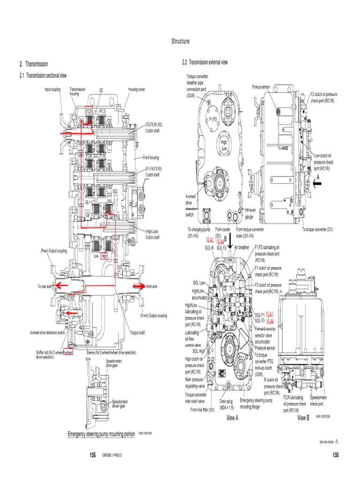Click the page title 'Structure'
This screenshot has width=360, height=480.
(x=180, y=41)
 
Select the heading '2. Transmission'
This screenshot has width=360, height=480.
(x=34, y=64)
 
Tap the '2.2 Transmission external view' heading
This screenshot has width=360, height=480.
(x=204, y=62)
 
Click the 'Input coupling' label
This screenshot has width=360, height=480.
(x=52, y=89)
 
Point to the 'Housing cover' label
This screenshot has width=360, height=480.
(x=136, y=89)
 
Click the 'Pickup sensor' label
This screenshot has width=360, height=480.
(x=261, y=87)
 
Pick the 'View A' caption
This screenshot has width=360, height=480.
(x=232, y=418)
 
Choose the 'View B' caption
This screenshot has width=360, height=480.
(x=303, y=418)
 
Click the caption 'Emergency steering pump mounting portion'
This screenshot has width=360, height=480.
(x=101, y=434)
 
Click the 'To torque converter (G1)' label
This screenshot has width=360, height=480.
(x=317, y=230)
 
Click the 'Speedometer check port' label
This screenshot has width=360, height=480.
(x=319, y=400)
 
